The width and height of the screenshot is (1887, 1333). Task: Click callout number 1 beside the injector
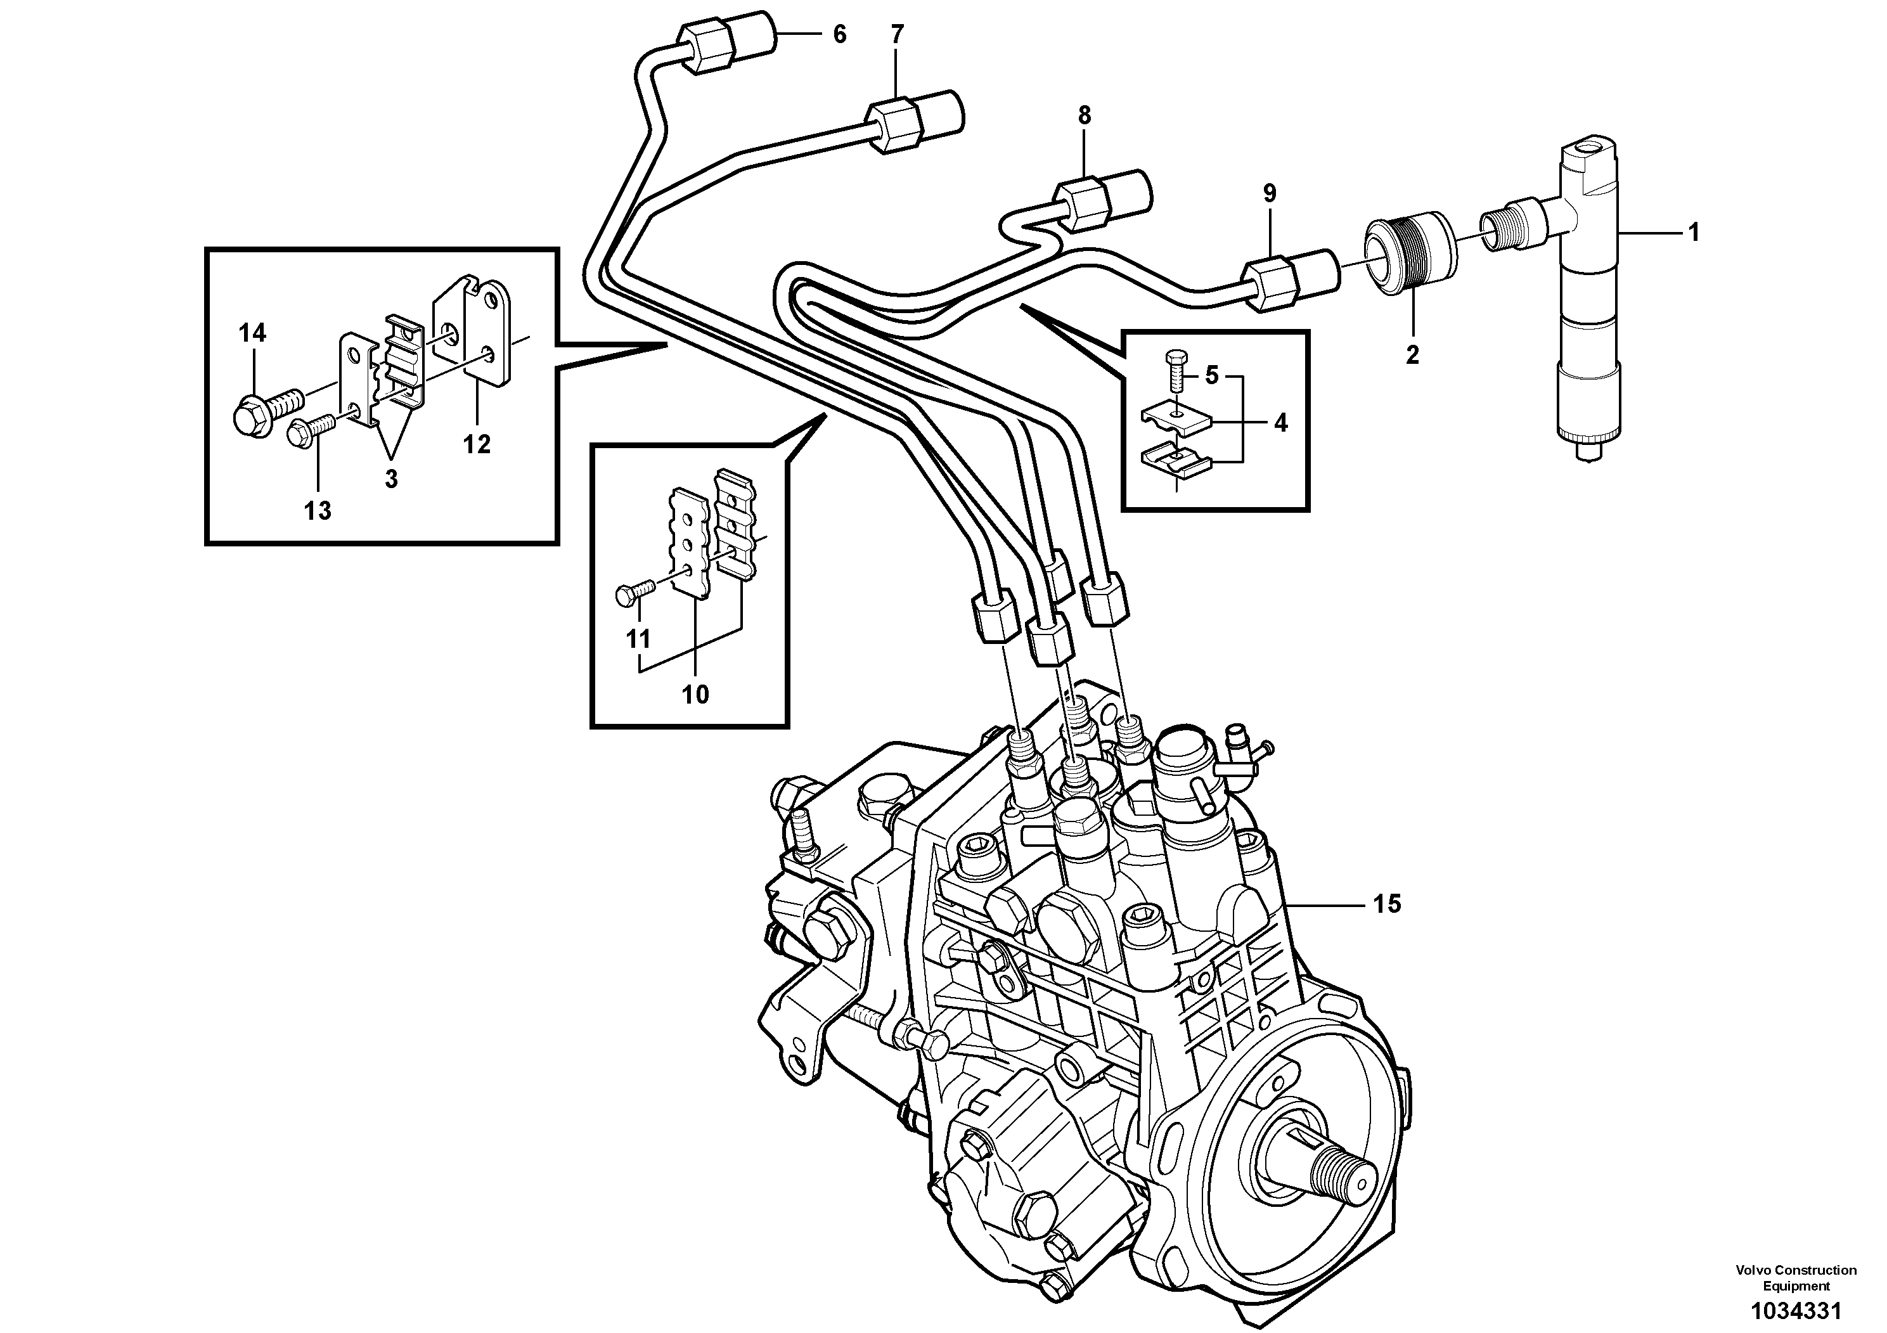click(x=1693, y=233)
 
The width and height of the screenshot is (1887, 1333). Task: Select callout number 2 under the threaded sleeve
click(x=1412, y=355)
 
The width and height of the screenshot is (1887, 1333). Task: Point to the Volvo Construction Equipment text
click(x=1796, y=1278)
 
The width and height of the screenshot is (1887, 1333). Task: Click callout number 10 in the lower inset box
click(x=695, y=695)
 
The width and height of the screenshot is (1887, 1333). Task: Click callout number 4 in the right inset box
click(x=1280, y=423)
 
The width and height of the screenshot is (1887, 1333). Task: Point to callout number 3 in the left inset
click(x=391, y=479)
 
